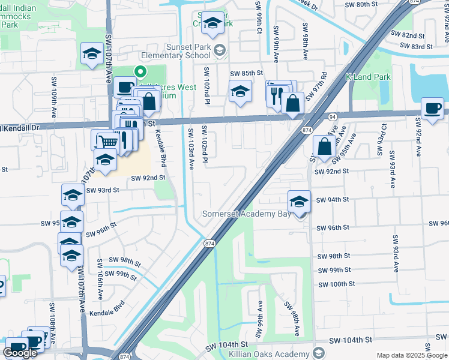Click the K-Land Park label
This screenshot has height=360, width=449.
[368, 77]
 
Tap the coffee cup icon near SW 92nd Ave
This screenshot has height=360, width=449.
[433, 109]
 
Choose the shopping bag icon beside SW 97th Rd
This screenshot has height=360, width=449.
[292, 103]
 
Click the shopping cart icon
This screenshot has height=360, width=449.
[107, 142]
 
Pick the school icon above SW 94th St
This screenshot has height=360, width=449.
[299, 200]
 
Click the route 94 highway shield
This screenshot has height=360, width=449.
[333, 116]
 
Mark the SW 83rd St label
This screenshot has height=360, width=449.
[418, 47]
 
